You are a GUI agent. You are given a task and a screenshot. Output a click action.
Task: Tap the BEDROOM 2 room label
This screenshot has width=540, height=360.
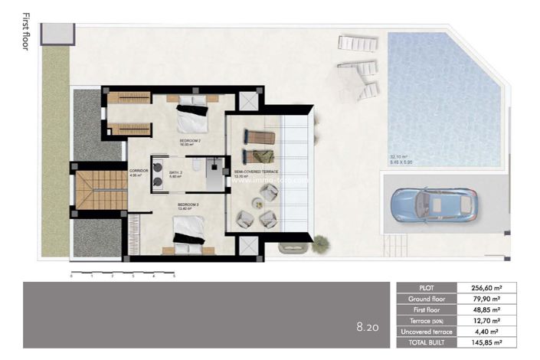[190, 142]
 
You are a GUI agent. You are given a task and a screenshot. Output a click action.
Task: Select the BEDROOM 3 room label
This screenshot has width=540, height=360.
[188, 205]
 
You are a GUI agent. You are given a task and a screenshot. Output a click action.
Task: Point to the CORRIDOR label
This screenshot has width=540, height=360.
[139, 172]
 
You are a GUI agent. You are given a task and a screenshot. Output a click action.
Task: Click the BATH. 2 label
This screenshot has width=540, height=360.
[176, 173]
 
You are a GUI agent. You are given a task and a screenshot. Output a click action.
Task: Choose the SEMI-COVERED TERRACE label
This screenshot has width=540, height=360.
[250, 173]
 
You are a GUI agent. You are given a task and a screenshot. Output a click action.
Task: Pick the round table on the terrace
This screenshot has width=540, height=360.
[258, 205]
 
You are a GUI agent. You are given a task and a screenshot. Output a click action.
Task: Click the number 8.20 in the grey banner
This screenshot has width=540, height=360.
[368, 326]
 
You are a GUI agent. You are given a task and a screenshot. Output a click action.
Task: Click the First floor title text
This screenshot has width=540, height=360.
[26, 31]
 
